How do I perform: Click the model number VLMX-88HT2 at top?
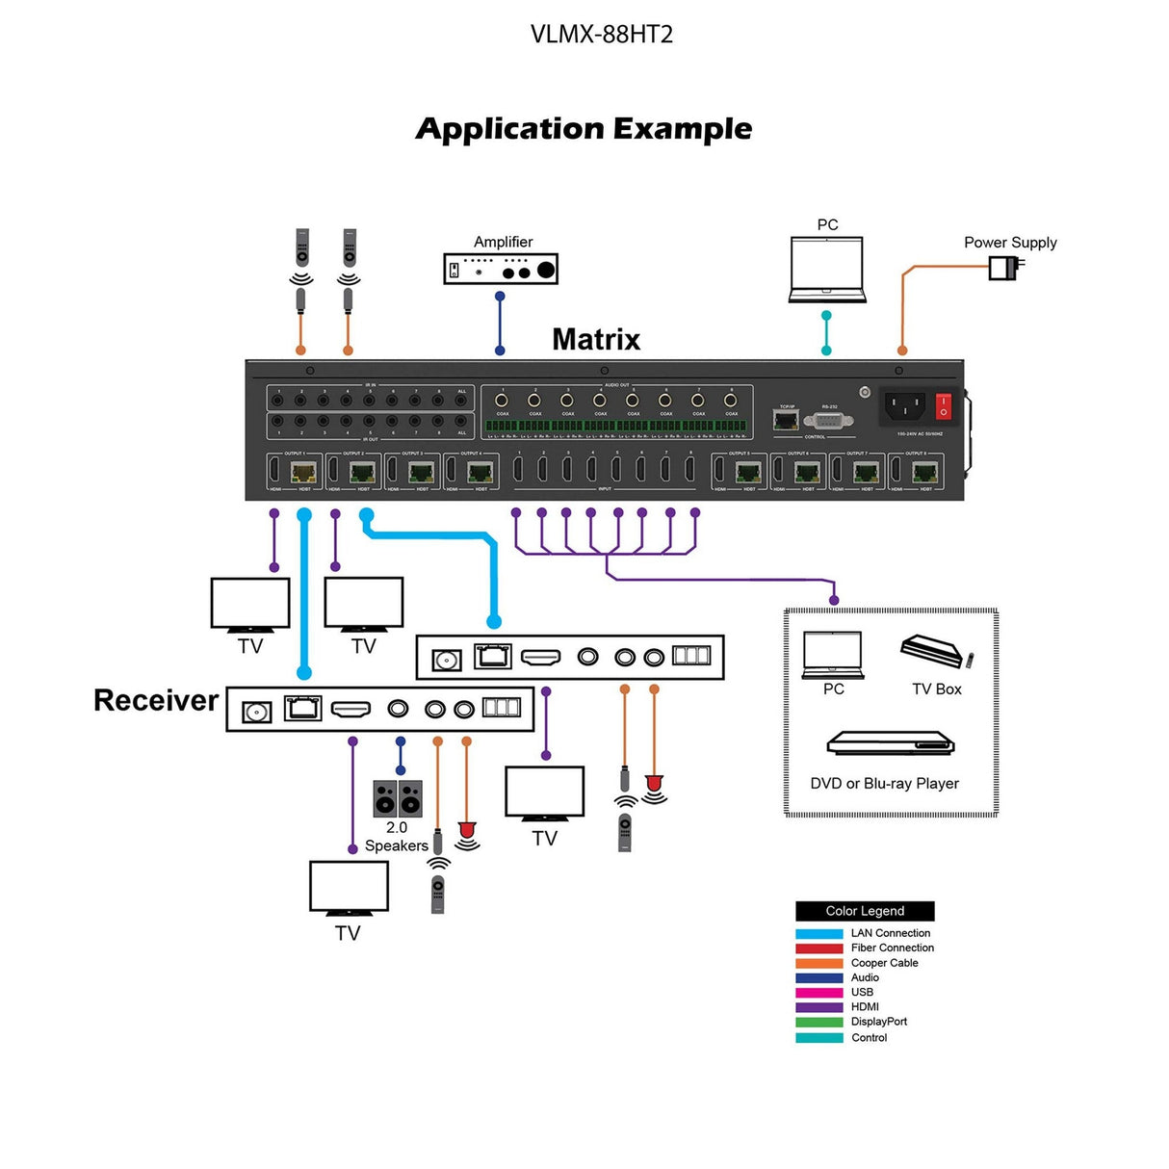click(601, 35)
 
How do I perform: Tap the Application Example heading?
click(584, 128)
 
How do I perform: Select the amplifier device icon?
click(501, 269)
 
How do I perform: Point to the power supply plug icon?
click(1004, 267)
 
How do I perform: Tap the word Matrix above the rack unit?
click(596, 339)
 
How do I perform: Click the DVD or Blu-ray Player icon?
click(890, 743)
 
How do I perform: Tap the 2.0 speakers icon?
click(397, 798)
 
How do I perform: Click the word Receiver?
click(156, 700)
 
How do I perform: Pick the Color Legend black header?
click(865, 911)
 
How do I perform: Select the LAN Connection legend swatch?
click(818, 933)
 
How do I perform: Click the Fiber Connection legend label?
click(892, 948)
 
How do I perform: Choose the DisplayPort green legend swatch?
click(818, 1022)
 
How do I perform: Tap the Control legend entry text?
click(869, 1037)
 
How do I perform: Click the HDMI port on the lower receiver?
click(351, 710)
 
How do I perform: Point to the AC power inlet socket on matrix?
click(904, 406)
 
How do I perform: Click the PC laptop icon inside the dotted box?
click(833, 655)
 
